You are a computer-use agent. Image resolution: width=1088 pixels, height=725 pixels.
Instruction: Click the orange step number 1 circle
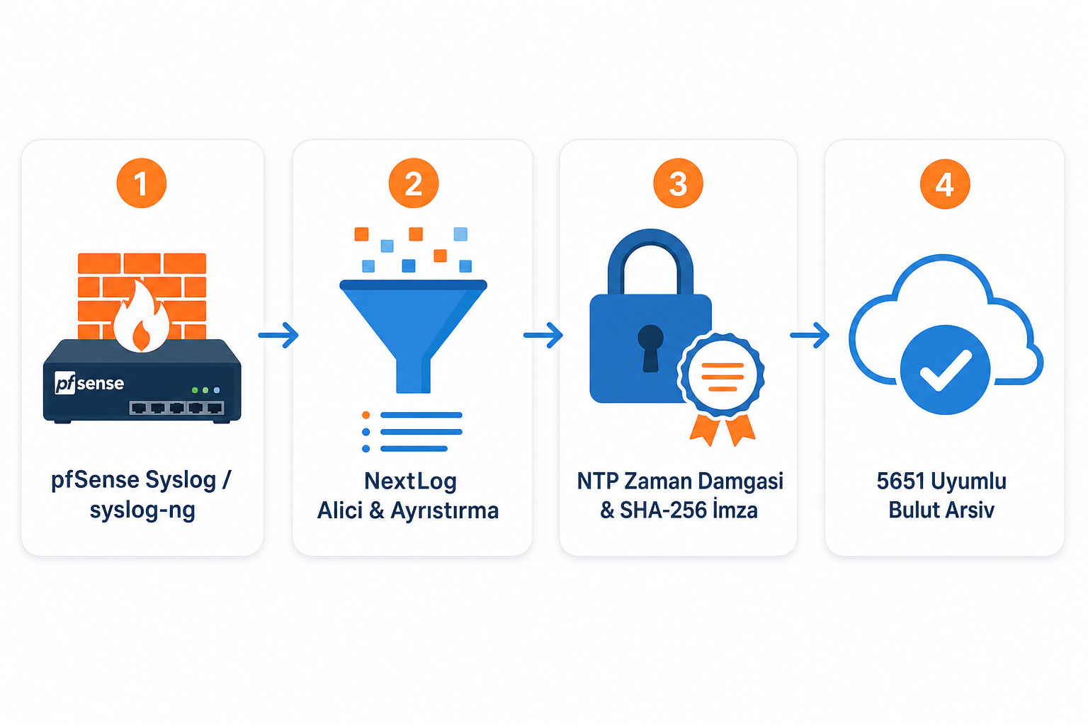(142, 183)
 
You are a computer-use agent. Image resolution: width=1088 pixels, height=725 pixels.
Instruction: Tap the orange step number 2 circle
(414, 183)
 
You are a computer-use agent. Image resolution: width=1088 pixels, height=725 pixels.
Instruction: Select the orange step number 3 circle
(678, 183)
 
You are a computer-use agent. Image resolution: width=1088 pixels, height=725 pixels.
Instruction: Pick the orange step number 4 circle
(945, 184)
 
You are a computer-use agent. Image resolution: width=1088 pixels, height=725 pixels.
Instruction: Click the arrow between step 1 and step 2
(278, 335)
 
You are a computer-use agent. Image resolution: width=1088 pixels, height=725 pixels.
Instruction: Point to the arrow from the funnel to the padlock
(543, 335)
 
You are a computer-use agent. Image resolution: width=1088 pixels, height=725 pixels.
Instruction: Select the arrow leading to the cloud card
(810, 335)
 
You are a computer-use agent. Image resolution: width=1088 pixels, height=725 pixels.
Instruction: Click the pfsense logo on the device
(89, 383)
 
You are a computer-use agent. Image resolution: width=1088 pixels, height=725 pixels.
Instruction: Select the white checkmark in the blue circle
(946, 370)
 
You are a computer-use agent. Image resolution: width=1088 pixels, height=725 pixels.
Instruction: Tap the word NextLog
(410, 481)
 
